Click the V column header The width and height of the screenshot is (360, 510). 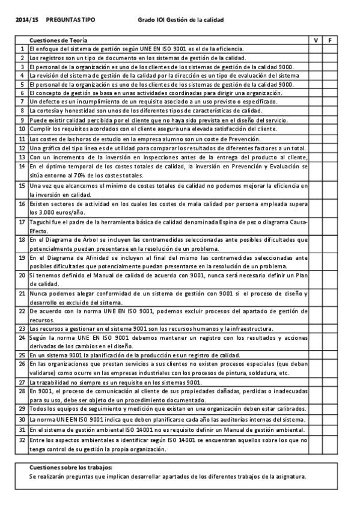pyautogui.click(x=316, y=39)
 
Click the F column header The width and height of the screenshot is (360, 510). pyautogui.click(x=331, y=39)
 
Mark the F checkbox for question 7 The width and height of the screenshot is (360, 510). pyautogui.click(x=331, y=102)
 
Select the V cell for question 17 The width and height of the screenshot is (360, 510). pyautogui.click(x=316, y=226)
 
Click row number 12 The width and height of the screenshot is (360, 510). pyautogui.click(x=22, y=148)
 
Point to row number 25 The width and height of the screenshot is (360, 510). pyautogui.click(x=22, y=355)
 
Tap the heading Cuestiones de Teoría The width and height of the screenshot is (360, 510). pyautogui.click(x=53, y=39)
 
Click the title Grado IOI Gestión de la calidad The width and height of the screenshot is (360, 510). pyautogui.click(x=180, y=20)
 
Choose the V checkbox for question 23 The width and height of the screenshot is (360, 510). pyautogui.click(x=316, y=329)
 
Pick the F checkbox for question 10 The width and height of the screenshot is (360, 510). pyautogui.click(x=331, y=129)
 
